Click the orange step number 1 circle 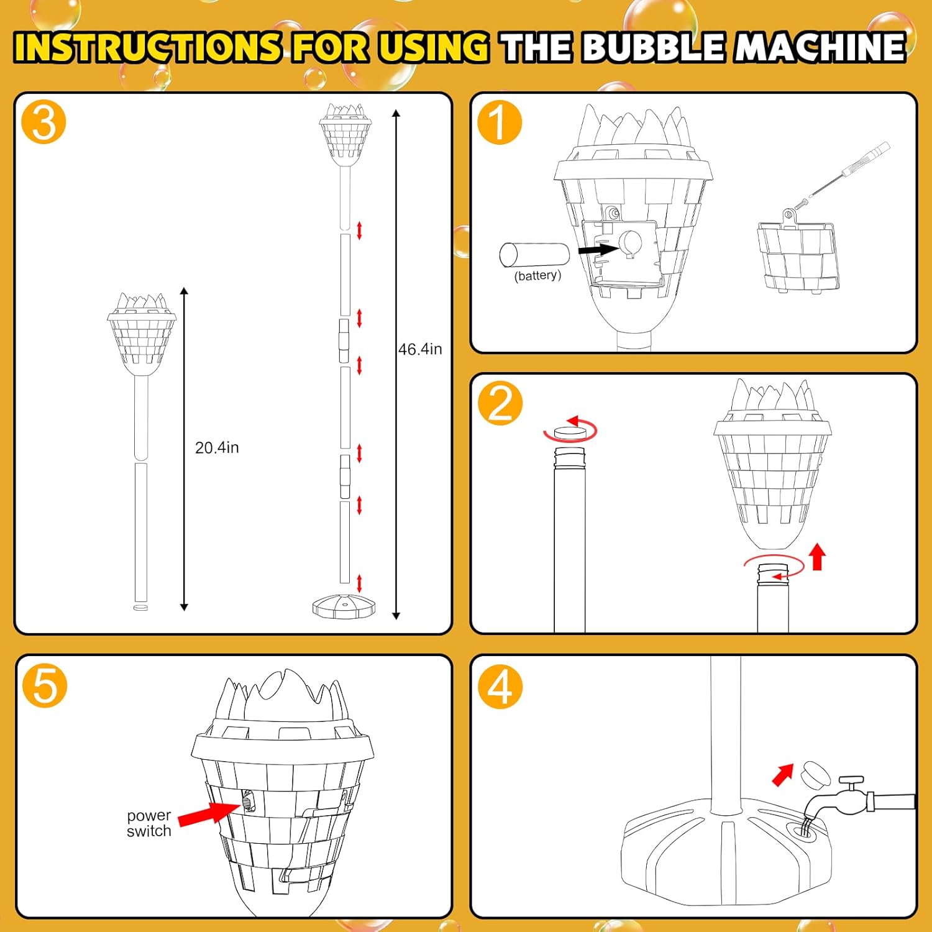500,122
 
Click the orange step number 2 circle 500,403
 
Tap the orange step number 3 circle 43,122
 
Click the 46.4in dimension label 420,349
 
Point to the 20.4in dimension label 217,447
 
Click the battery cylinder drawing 534,255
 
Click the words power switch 149,823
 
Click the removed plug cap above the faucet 817,774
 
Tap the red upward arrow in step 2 818,557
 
